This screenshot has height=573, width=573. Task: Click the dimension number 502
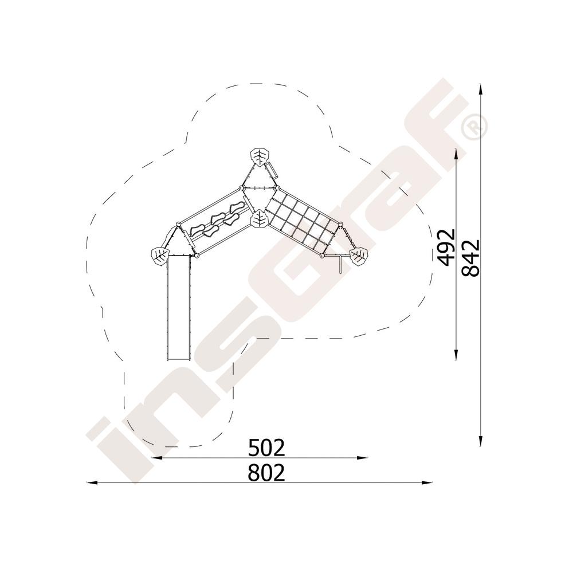(x=266, y=448)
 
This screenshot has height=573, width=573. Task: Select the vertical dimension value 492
(x=446, y=247)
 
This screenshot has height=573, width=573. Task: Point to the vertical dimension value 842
(x=470, y=258)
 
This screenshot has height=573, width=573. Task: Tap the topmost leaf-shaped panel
(x=260, y=158)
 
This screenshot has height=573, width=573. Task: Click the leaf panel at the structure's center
(x=260, y=219)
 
